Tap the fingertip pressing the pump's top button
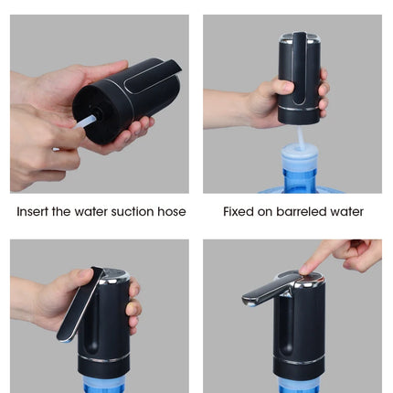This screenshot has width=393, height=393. pos(305,270)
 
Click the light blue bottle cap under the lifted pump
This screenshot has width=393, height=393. pos(300,156)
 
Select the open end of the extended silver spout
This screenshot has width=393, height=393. pos(250,302)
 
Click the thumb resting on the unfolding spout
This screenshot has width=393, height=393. pos(84,275)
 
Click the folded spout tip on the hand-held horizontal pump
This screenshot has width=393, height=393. pos(173,68)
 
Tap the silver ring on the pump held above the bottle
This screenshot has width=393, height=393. pos(299,109)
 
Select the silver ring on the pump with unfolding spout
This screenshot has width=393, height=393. pos(103,358)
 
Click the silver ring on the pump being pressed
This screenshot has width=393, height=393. pos(299,361)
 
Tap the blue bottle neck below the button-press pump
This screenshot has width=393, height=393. pos(299,386)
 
